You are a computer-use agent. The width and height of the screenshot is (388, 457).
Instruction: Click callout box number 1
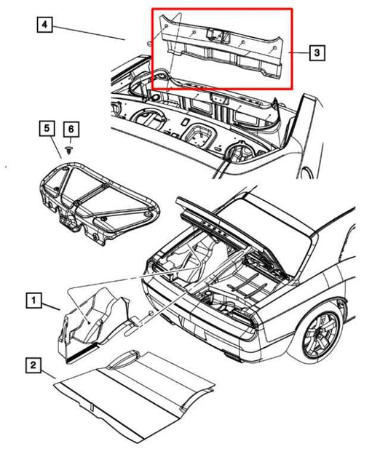click(33, 300)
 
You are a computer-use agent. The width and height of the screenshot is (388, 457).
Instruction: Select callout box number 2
click(33, 365)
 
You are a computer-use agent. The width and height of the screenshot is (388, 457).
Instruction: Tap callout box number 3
click(317, 52)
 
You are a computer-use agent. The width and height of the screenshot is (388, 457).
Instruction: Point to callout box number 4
click(44, 25)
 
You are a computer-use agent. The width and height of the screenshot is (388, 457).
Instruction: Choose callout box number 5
click(47, 129)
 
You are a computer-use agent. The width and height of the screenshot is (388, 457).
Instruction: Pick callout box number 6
click(71, 129)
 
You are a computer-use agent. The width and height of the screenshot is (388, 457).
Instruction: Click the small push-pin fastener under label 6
click(69, 151)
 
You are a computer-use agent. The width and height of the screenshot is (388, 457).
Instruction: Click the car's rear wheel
click(321, 337)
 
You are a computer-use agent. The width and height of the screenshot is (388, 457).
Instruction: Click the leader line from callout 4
click(90, 33)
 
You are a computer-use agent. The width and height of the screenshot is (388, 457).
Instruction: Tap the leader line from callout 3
click(299, 52)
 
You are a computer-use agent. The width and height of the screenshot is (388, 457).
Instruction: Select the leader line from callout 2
click(48, 374)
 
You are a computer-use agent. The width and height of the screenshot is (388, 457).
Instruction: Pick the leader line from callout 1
click(51, 306)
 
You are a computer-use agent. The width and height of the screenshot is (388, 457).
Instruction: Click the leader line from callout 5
click(56, 147)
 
